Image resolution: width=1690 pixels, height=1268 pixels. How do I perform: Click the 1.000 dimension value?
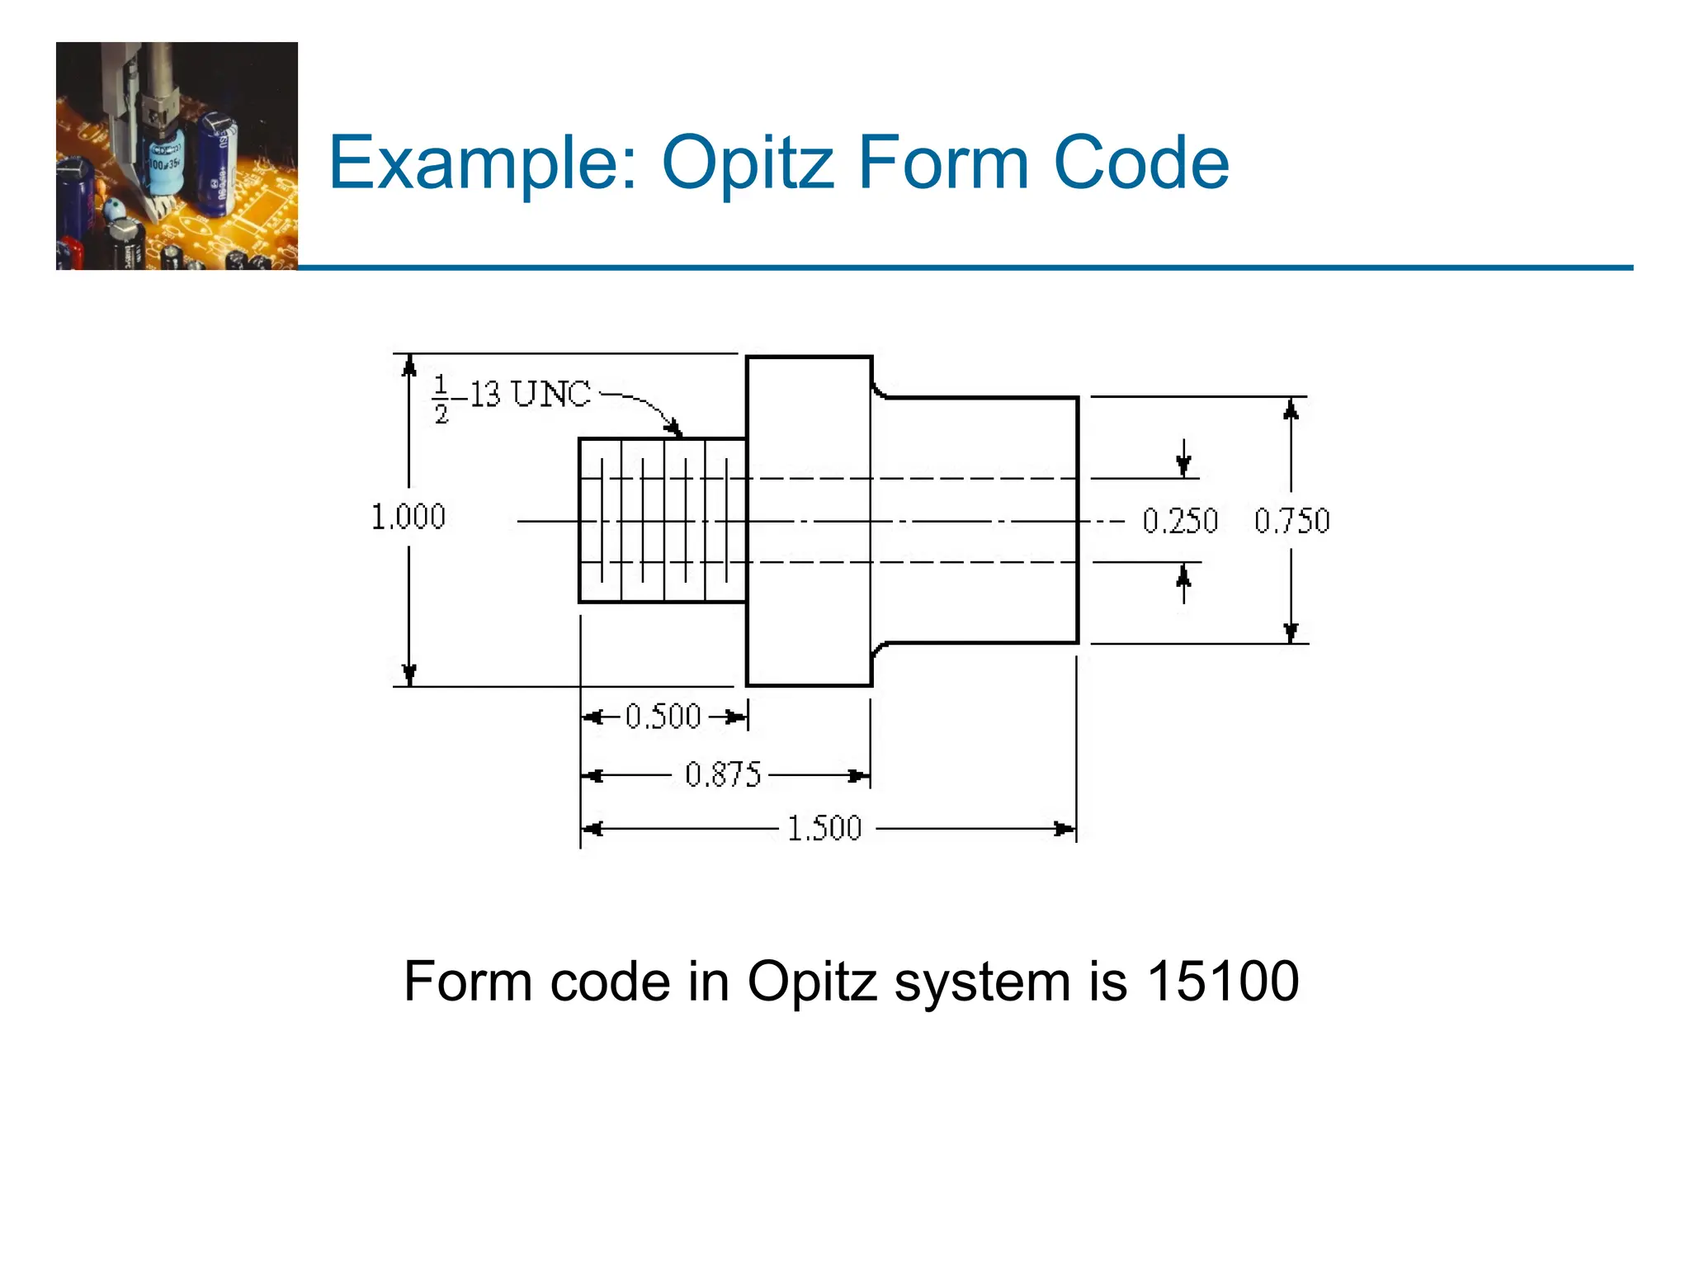point(408,517)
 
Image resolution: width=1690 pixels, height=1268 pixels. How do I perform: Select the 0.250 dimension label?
point(1180,521)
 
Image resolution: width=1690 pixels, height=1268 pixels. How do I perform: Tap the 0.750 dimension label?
point(1291,521)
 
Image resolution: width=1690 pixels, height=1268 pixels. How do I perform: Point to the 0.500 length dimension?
point(663,716)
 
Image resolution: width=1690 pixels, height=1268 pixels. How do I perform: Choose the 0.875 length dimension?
point(723,775)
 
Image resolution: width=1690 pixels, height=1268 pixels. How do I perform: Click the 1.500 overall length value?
point(824,828)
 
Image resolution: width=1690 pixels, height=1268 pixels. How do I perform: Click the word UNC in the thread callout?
point(551,395)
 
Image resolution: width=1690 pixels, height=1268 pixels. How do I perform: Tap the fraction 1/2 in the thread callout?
point(441,399)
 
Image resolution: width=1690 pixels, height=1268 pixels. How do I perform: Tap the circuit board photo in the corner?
point(177,156)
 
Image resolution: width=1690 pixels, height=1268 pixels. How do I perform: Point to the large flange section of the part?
point(809,521)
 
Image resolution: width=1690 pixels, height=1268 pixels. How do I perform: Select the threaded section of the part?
point(663,521)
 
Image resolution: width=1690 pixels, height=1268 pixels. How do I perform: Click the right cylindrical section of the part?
point(978,521)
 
